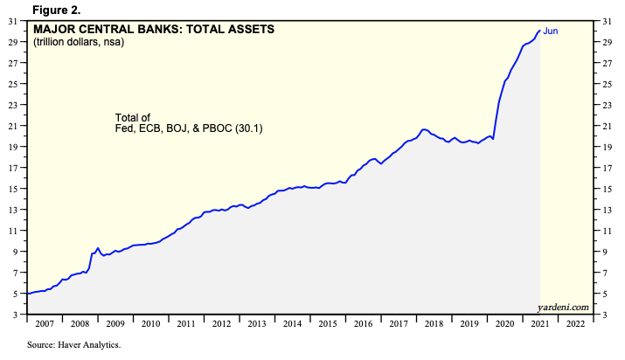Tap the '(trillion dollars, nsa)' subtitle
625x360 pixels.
click(x=78, y=42)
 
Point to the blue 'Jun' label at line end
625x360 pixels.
click(x=551, y=31)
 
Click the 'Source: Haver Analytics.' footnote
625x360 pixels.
click(x=73, y=345)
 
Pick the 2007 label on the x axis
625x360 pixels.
click(x=45, y=323)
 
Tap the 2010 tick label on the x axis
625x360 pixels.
click(x=150, y=323)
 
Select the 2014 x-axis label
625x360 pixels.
click(x=293, y=323)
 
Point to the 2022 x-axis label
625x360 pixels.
click(x=577, y=323)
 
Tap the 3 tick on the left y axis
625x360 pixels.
click(x=18, y=314)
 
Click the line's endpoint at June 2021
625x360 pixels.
click(x=539, y=31)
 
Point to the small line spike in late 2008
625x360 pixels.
click(x=98, y=248)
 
